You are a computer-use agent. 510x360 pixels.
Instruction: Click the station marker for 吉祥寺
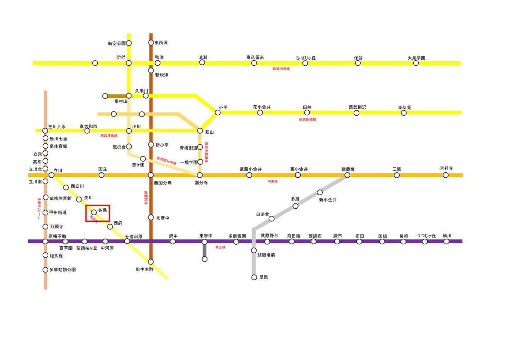446,175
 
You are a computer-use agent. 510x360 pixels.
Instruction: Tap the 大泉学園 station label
416,58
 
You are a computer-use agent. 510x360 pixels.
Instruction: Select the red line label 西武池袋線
281,69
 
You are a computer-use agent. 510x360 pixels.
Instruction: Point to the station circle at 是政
254,277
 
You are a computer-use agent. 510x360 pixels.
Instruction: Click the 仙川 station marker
447,242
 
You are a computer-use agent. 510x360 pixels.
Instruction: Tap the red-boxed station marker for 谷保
94,212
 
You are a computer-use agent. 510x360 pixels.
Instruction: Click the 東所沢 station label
161,43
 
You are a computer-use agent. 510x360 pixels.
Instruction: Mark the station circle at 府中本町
151,261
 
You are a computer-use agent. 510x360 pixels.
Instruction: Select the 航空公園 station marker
129,43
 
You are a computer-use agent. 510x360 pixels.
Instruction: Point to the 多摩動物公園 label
63,270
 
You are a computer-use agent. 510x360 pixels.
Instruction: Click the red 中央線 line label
272,181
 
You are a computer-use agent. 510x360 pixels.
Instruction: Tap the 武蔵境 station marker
347,175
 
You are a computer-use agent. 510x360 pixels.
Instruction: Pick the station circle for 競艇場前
254,250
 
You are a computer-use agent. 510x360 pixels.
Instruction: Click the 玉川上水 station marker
45,130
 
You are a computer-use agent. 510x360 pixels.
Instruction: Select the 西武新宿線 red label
307,119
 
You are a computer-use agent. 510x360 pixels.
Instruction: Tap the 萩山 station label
209,132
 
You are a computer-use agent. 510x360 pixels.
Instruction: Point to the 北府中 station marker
151,217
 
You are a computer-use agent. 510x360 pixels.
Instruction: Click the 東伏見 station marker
404,112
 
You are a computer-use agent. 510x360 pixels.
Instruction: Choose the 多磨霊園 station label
237,236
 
